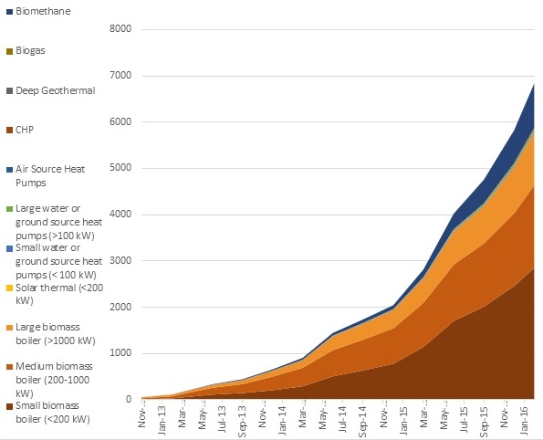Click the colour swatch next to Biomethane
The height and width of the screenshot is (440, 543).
pos(7,11)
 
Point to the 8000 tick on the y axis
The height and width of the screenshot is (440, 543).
pos(120,29)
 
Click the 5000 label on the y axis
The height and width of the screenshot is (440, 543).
pos(120,168)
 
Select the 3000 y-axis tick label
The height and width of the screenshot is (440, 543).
pos(120,261)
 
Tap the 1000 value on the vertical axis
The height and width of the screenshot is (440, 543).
pos(120,353)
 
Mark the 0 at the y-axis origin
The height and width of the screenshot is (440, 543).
pos(130,400)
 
